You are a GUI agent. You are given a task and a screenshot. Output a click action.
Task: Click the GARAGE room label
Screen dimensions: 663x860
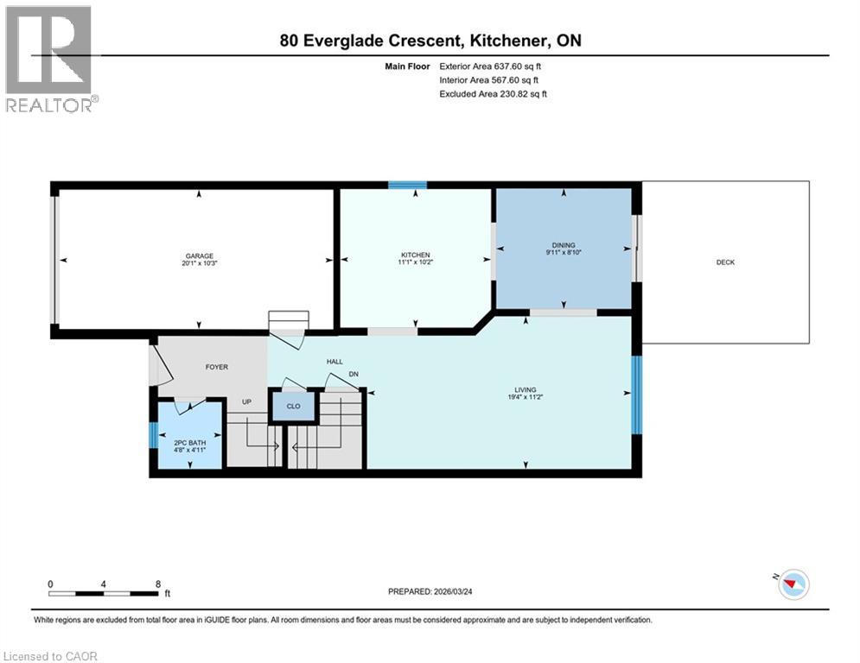[199, 255]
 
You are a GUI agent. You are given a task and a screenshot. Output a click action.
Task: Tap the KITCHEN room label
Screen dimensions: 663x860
[415, 255]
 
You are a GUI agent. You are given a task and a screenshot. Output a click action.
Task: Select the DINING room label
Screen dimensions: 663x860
[564, 245]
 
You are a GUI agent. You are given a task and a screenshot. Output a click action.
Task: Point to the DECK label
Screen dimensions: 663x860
[725, 262]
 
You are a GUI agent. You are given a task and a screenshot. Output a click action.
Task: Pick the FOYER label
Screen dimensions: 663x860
[216, 367]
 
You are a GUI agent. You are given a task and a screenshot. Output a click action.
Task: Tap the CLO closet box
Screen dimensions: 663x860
[293, 406]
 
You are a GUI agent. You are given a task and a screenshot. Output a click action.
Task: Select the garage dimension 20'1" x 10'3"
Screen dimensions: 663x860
[199, 263]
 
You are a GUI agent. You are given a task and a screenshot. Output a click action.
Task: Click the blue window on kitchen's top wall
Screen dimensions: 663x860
[407, 185]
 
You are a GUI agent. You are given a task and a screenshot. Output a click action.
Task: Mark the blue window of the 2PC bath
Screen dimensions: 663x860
[153, 435]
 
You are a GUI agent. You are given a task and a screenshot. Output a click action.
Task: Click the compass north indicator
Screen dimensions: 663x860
[791, 584]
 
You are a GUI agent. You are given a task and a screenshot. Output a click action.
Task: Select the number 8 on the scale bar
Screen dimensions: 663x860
[157, 584]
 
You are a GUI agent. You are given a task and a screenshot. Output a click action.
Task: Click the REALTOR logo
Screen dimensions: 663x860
[50, 59]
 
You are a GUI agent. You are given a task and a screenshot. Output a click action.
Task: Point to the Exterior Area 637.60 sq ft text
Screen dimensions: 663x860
[491, 66]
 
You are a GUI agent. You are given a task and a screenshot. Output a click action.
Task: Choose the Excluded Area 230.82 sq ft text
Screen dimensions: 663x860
[494, 93]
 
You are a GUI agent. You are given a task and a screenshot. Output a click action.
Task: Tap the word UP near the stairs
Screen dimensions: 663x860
[245, 402]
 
